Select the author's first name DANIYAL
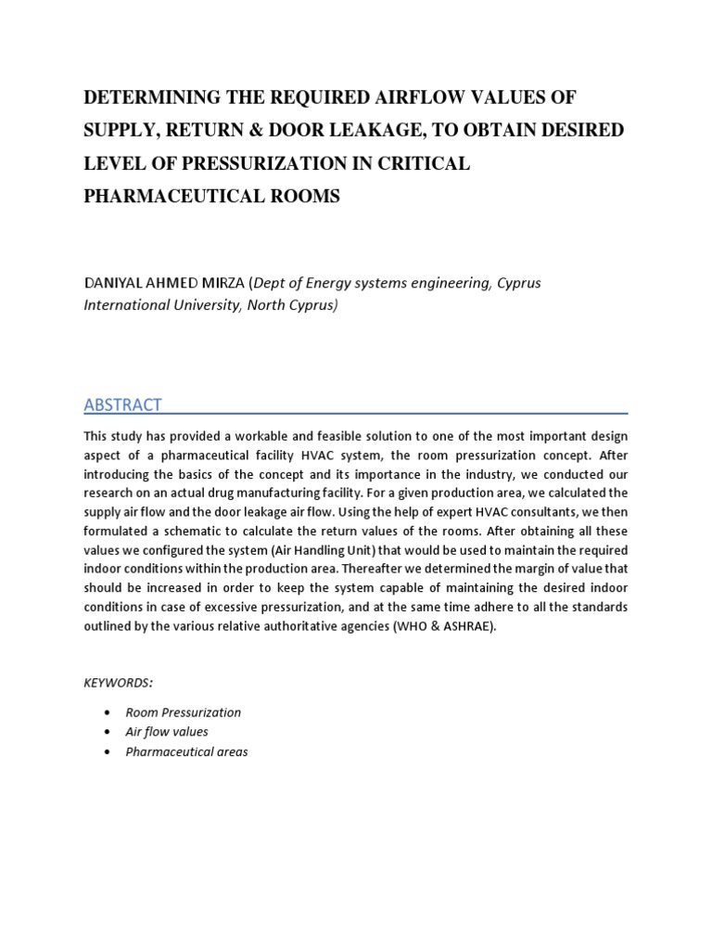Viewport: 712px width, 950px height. (x=116, y=283)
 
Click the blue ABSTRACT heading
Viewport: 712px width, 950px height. (x=122, y=404)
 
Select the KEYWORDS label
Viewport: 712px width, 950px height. (x=118, y=682)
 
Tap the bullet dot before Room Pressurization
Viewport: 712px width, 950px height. (x=108, y=712)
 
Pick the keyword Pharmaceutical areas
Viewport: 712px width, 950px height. (x=186, y=751)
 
